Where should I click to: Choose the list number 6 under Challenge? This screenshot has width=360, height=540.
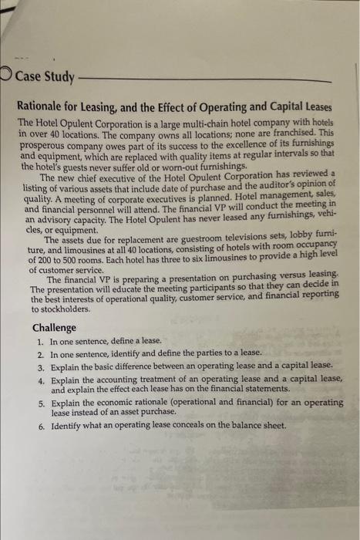click(x=39, y=425)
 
